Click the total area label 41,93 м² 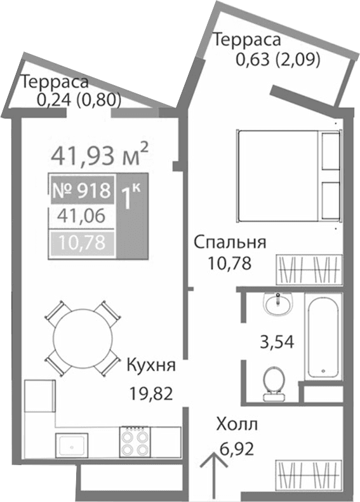pos(100,154)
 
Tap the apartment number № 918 pos(81,189)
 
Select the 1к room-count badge pos(131,199)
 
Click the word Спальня pos(229,242)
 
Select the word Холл pos(237,424)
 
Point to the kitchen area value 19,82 pos(150,392)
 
